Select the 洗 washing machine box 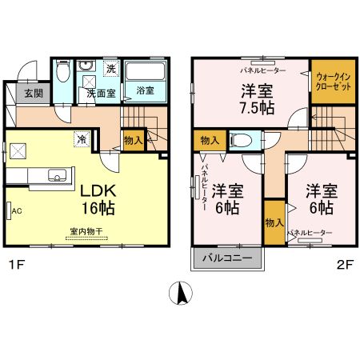click(x=111, y=70)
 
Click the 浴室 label click(x=146, y=90)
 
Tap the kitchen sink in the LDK click(x=57, y=175)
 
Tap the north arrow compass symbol click(x=182, y=294)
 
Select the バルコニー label click(x=226, y=258)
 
